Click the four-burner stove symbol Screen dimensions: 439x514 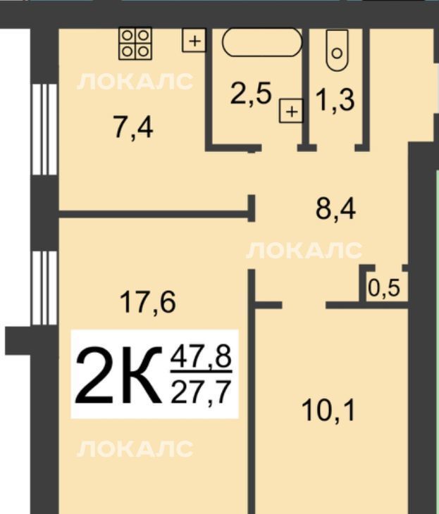click(x=135, y=44)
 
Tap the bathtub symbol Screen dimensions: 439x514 click(x=262, y=42)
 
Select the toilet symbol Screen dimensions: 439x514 click(x=337, y=51)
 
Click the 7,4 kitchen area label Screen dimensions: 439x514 click(x=132, y=127)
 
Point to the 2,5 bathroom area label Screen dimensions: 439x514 click(x=251, y=94)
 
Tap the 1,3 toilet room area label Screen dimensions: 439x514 click(x=335, y=100)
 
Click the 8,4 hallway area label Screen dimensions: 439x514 click(x=335, y=209)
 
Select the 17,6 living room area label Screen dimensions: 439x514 click(x=148, y=302)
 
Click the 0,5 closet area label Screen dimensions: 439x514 click(x=384, y=289)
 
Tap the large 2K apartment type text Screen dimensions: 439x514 click(x=119, y=375)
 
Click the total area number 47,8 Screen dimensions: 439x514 click(x=201, y=358)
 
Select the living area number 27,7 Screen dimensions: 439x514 click(x=200, y=391)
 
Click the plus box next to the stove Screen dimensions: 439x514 click(x=194, y=41)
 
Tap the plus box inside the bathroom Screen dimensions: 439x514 click(x=291, y=111)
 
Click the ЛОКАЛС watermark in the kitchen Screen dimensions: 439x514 click(x=135, y=81)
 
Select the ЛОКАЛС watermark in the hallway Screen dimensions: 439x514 click(x=304, y=251)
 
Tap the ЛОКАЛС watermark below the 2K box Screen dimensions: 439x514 click(x=135, y=449)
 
